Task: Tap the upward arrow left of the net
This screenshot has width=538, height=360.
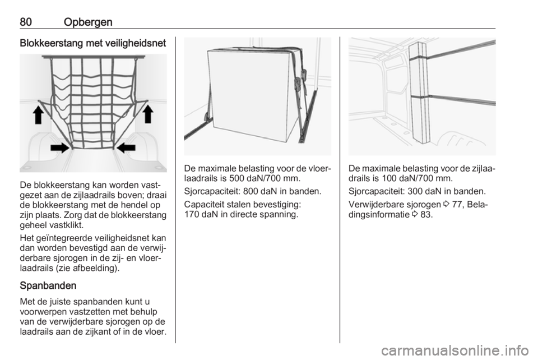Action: (38, 114)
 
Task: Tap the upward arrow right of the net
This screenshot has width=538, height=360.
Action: (148, 114)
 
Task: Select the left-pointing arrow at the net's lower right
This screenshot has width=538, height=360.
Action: (127, 147)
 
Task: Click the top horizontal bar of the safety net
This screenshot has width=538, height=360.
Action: (93, 58)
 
